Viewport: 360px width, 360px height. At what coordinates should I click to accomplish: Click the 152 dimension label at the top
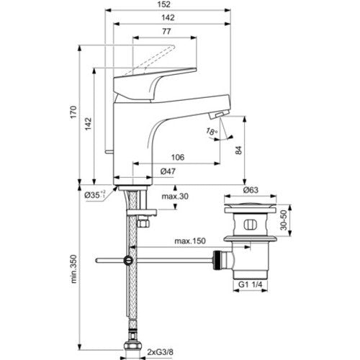tap(164, 4)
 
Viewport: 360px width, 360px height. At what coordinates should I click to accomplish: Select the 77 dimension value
tap(166, 32)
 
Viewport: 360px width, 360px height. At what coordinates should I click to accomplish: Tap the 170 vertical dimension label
tap(73, 112)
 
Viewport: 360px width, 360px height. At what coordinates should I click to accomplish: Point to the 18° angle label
tap(212, 131)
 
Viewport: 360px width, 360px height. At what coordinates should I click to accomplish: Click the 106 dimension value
tap(178, 157)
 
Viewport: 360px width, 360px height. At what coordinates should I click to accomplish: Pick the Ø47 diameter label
tap(168, 171)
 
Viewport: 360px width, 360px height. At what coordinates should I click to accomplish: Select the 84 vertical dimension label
tap(238, 150)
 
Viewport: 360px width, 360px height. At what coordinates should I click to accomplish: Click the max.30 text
tap(175, 197)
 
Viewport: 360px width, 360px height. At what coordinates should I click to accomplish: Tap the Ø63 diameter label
tap(251, 190)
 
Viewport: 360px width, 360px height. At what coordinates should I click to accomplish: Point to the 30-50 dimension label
tap(284, 220)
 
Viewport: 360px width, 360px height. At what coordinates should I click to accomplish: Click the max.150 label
tap(190, 240)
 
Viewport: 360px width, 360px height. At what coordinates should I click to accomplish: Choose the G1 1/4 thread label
tap(251, 284)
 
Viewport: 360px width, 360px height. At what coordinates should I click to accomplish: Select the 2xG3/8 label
tap(160, 352)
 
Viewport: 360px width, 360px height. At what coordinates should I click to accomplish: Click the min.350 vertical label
tap(73, 269)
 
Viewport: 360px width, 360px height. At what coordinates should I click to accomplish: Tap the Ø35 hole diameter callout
tap(95, 195)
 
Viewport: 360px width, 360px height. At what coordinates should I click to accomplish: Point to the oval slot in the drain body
tap(251, 225)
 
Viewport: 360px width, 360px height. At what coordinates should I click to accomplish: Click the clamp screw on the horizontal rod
tap(127, 261)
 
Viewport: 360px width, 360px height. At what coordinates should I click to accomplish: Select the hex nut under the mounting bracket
tap(143, 223)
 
